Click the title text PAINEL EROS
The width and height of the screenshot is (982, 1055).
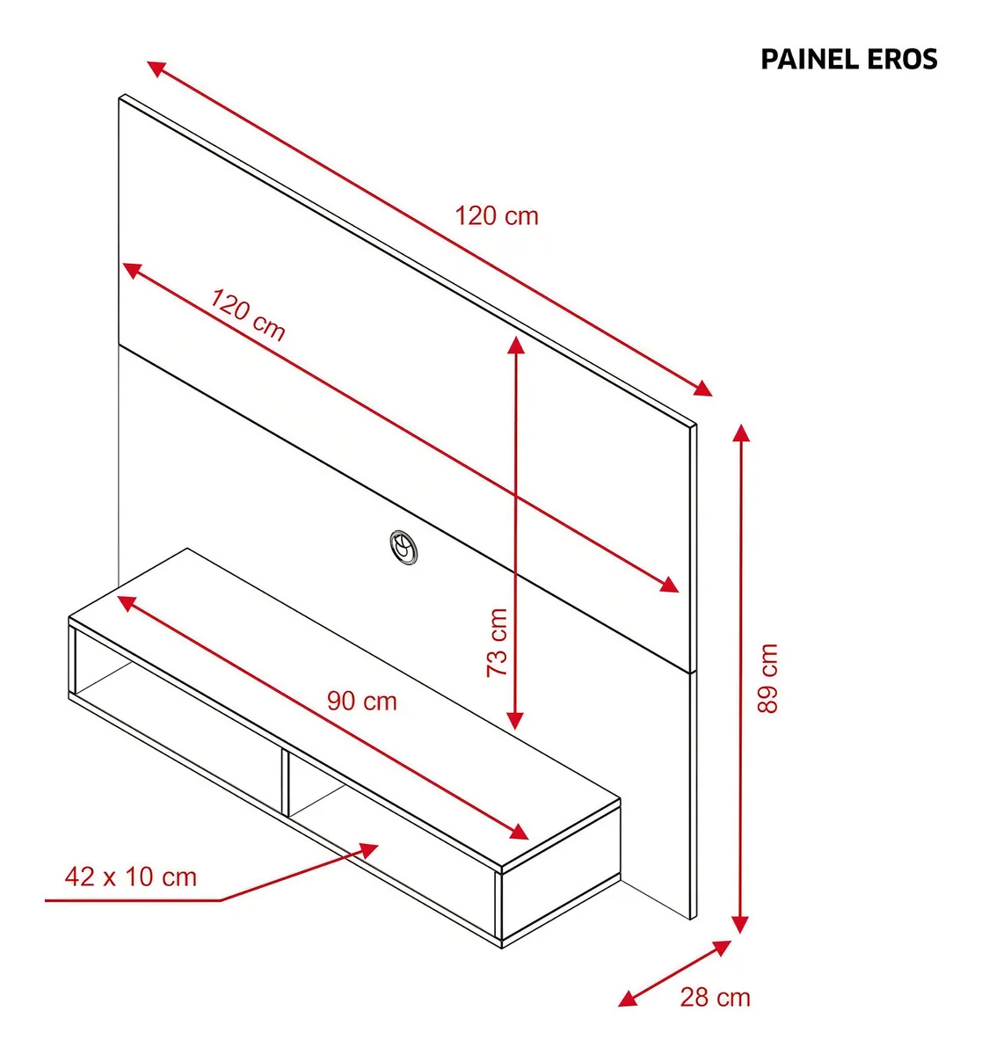[848, 59]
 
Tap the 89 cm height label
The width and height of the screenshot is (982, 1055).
[767, 678]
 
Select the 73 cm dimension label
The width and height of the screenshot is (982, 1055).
[498, 643]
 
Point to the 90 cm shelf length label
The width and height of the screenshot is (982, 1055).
[362, 702]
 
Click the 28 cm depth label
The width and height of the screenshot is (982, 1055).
[715, 997]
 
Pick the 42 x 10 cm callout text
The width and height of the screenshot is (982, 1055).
[131, 877]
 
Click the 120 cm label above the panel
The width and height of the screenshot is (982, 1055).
[497, 216]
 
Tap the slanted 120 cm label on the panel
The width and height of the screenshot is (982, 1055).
[248, 315]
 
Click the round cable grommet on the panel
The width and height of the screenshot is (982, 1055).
[404, 547]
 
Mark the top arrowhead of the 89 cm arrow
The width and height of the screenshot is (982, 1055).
[741, 433]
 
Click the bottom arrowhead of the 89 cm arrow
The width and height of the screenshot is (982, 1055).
[740, 924]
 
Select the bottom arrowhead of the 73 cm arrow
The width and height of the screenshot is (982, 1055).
[515, 720]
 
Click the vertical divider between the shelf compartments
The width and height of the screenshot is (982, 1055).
[285, 783]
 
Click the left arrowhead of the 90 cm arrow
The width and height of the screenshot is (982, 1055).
[127, 603]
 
